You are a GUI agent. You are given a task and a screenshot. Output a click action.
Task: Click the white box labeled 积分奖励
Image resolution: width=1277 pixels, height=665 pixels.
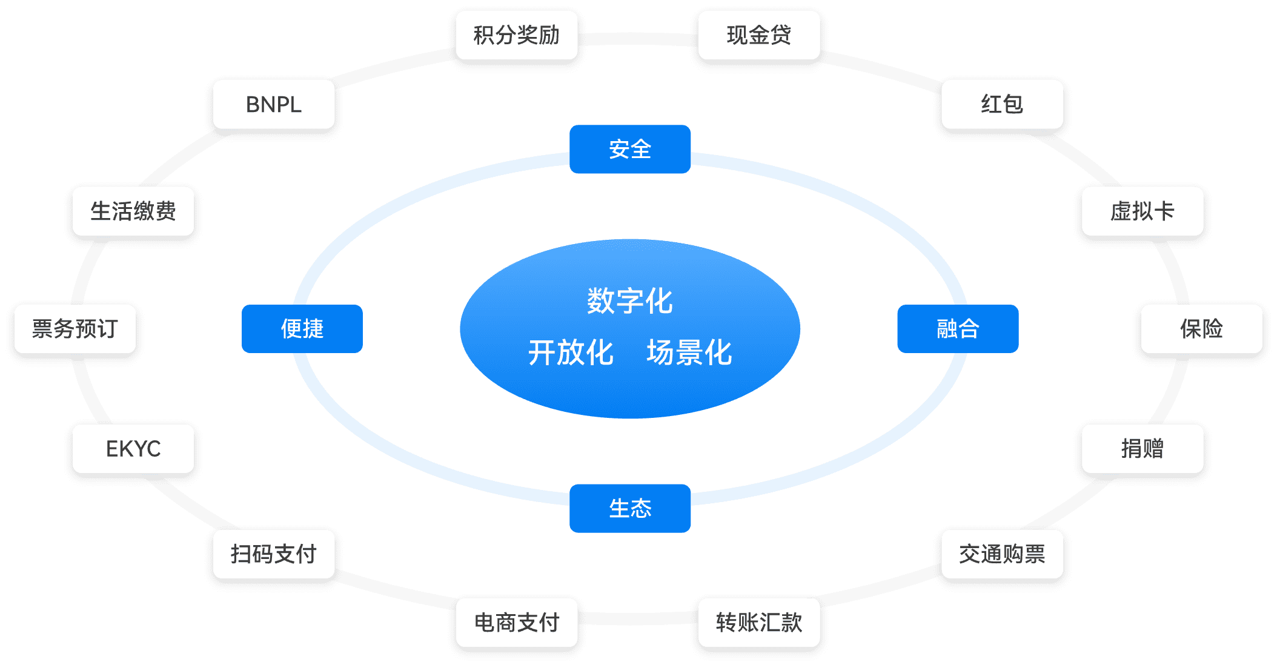click(x=517, y=35)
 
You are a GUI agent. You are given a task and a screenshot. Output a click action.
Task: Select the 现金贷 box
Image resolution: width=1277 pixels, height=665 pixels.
click(x=759, y=35)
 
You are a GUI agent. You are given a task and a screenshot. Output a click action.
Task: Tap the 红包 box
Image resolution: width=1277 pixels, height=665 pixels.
click(x=1002, y=104)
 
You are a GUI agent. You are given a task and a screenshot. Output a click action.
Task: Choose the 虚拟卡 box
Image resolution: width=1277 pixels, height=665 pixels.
click(x=1142, y=211)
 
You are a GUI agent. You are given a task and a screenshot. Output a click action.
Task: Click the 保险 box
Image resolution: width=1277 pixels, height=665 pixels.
click(x=1201, y=329)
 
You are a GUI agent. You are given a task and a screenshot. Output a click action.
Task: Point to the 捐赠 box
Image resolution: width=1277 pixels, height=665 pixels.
click(x=1142, y=449)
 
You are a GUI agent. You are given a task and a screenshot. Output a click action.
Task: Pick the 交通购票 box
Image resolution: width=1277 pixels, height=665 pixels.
click(x=1002, y=554)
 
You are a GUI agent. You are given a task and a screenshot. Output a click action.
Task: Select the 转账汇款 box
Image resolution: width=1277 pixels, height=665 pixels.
click(x=759, y=623)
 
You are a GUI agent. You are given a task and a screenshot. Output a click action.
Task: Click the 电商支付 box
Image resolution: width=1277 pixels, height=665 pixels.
click(x=517, y=623)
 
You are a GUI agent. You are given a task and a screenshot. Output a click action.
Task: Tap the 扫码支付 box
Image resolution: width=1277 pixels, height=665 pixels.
click(x=274, y=554)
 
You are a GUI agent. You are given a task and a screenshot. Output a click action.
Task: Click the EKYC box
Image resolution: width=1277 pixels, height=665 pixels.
click(x=133, y=449)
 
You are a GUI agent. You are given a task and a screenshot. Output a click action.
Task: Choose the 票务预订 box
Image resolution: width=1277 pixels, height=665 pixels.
click(x=75, y=329)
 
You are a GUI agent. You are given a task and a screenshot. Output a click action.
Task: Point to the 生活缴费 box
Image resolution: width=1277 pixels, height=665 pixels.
click(x=133, y=211)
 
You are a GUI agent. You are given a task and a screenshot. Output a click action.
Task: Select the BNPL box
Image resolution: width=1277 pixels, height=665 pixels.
click(x=274, y=104)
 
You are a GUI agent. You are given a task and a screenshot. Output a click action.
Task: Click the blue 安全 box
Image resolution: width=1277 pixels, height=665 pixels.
click(x=630, y=150)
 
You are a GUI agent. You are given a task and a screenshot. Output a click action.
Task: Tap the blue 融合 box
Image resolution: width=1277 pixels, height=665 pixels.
click(x=958, y=329)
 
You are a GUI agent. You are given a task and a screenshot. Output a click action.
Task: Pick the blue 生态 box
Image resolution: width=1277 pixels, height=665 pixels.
click(x=630, y=509)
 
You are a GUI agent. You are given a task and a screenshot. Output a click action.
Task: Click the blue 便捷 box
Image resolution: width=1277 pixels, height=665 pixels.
click(x=302, y=329)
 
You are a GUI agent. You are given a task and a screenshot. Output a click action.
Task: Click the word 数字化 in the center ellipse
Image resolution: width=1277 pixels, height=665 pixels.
click(x=630, y=301)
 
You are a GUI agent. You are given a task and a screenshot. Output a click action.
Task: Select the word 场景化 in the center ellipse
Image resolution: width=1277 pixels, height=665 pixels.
click(x=689, y=352)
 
